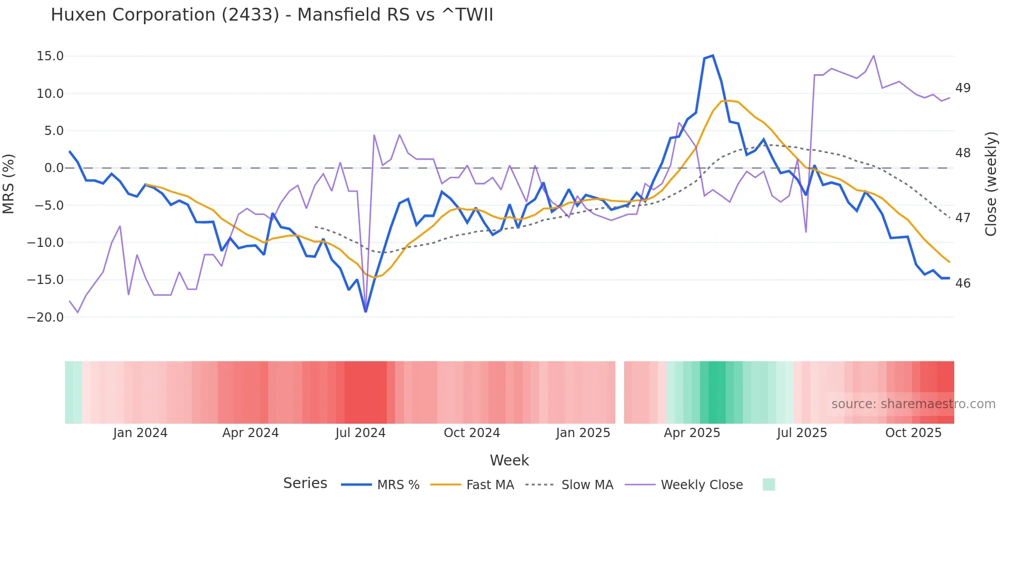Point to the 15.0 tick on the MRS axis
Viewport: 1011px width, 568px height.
click(50, 56)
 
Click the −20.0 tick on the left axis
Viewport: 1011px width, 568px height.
click(45, 318)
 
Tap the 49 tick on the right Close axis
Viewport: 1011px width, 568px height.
click(963, 88)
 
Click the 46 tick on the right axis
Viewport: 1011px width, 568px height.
click(963, 283)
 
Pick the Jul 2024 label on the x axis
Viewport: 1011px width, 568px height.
click(361, 433)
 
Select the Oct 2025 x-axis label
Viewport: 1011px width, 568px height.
click(914, 433)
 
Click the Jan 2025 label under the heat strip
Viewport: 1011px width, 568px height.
click(583, 433)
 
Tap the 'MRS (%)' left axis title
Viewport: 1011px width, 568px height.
click(9, 183)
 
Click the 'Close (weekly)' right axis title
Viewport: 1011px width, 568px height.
click(991, 184)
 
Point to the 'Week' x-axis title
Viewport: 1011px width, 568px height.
click(509, 460)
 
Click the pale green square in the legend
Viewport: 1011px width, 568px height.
click(769, 485)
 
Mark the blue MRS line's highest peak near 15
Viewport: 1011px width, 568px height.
click(713, 56)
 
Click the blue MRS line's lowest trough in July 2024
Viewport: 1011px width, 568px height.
click(366, 311)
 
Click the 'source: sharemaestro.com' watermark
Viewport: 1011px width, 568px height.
click(913, 404)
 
